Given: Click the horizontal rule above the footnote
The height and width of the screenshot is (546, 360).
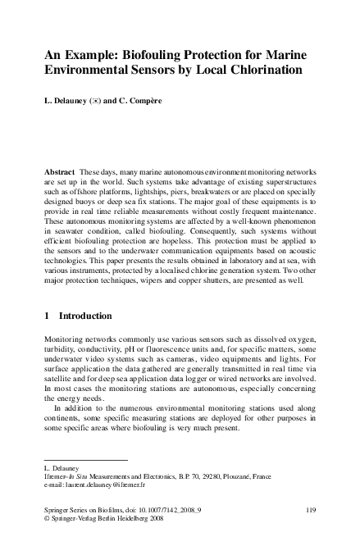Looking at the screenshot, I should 86,460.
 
